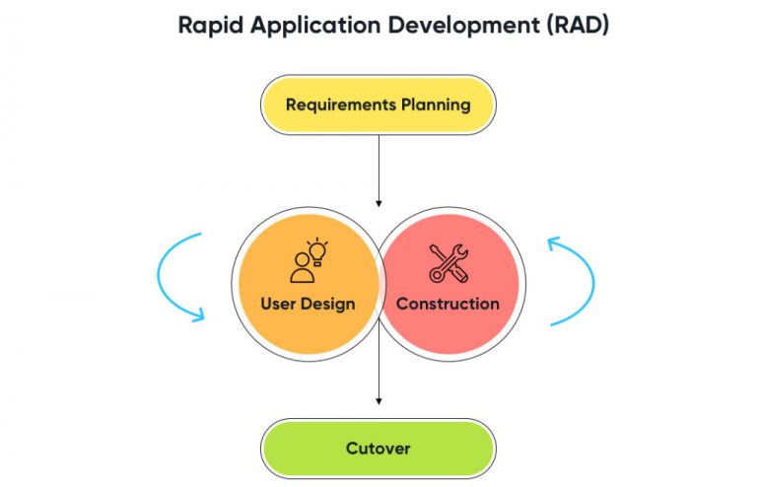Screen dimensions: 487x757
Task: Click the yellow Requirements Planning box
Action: [x=378, y=104]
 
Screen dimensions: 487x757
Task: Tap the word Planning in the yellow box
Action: [x=435, y=104]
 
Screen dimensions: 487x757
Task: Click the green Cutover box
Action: [x=378, y=449]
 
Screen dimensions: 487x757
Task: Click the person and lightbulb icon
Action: [x=308, y=259]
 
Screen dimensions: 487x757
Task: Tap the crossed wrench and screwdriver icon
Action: [x=448, y=263]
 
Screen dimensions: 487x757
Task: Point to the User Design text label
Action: [x=308, y=304]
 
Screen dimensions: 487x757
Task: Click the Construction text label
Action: [x=448, y=304]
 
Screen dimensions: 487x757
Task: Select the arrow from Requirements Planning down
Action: [x=378, y=168]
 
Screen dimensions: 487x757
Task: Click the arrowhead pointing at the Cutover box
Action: [x=378, y=399]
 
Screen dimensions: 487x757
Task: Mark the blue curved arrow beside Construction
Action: [x=574, y=280]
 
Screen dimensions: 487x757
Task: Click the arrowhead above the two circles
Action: [x=378, y=203]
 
